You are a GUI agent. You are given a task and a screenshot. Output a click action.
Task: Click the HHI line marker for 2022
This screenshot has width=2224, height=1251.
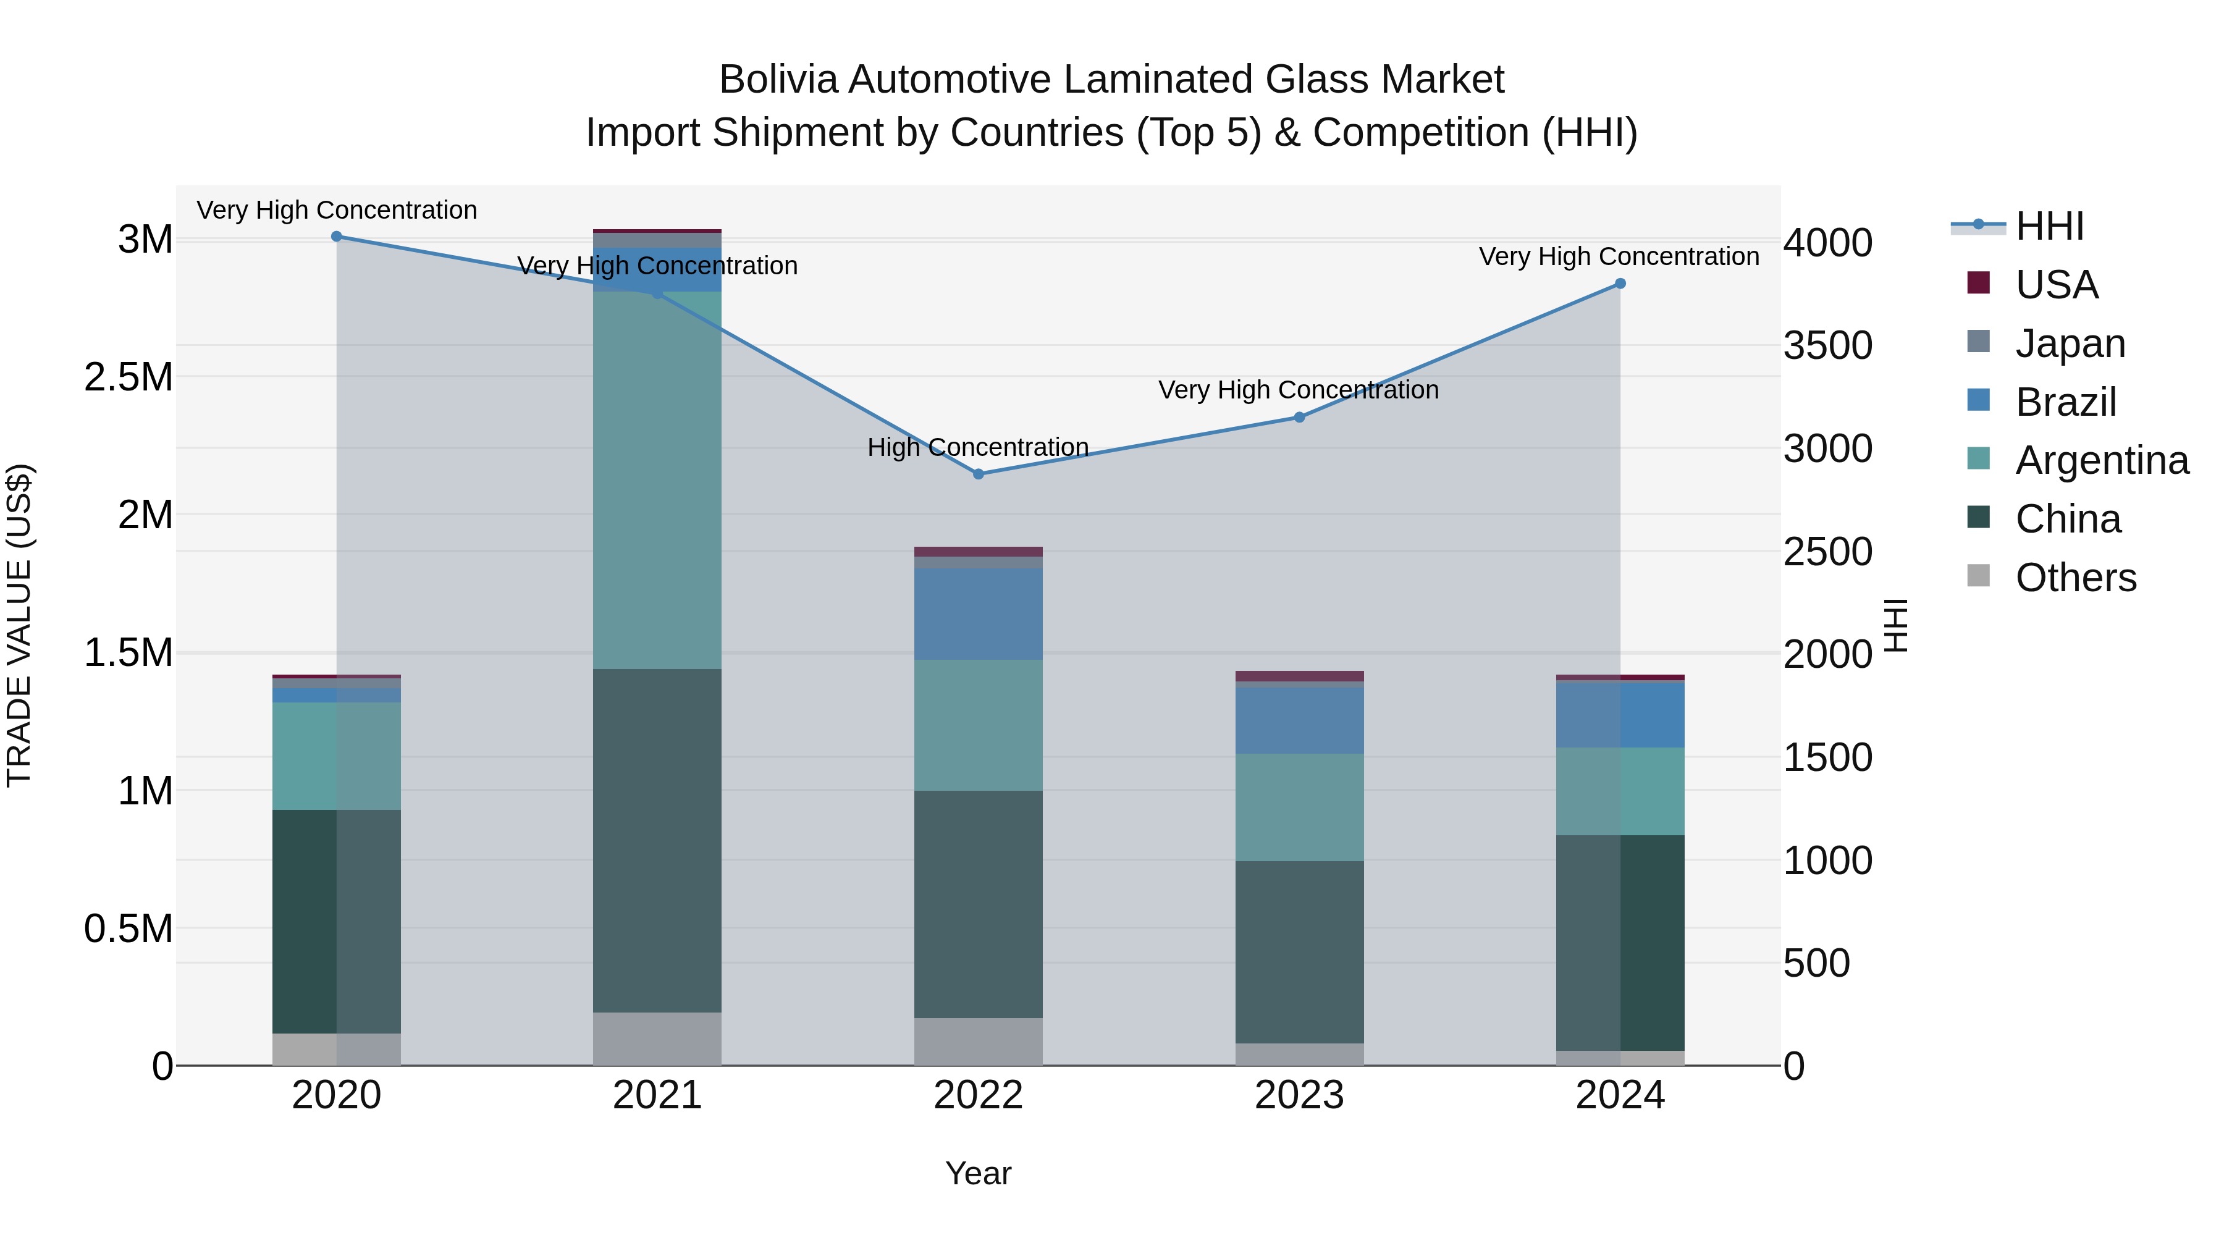coord(978,474)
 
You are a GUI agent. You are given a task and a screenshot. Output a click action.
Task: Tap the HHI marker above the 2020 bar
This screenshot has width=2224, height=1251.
coord(337,237)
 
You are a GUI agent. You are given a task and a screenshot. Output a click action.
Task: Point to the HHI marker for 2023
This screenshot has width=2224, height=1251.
coord(1299,418)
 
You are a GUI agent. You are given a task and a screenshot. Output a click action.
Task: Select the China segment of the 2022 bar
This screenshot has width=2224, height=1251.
coord(978,904)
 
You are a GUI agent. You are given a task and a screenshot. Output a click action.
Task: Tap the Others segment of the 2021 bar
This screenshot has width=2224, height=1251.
coord(657,1038)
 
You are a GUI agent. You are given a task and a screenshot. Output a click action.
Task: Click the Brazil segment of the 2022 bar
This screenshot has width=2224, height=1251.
coord(978,614)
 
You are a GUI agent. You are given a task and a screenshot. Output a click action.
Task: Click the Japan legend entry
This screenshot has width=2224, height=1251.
coord(2070,343)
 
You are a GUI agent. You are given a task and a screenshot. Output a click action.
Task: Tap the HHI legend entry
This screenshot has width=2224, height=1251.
coord(2049,226)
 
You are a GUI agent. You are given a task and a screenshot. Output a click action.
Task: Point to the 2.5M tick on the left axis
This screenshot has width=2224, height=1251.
coord(128,377)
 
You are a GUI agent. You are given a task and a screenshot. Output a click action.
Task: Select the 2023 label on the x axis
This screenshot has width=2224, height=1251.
coord(1299,1095)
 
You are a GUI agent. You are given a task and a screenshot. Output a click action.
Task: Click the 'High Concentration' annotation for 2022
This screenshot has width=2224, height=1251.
coord(978,447)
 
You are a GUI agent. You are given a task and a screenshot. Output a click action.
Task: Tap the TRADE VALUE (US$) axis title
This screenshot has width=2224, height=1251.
coord(20,625)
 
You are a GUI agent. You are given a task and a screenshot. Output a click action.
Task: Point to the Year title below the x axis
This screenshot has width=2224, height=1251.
coord(978,1173)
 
